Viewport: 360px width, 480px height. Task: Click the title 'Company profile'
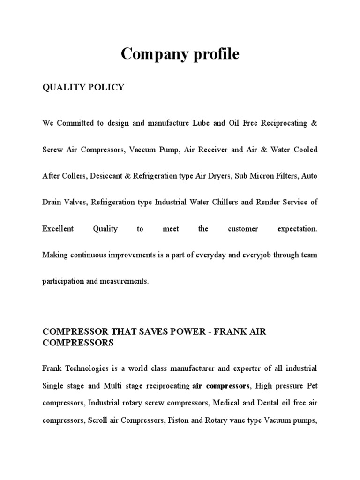pyautogui.click(x=180, y=55)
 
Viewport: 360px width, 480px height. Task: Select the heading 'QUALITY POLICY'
pyautogui.click(x=83, y=87)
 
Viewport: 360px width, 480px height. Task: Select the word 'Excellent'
pyautogui.click(x=58, y=229)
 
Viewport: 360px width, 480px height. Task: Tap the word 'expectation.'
pyautogui.click(x=297, y=229)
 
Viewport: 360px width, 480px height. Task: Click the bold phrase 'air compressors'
pyautogui.click(x=221, y=387)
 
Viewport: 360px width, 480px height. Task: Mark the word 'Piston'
pyautogui.click(x=178, y=420)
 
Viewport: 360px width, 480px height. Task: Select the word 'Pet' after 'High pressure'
pyautogui.click(x=312, y=387)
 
